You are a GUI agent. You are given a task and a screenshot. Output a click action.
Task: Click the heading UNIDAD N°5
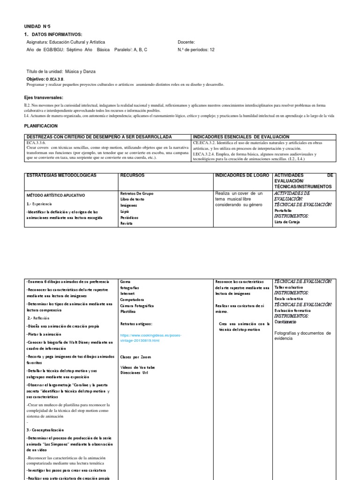(36, 27)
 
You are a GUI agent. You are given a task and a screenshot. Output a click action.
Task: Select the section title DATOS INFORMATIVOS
(55, 35)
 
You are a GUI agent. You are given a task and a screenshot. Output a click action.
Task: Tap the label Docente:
(186, 42)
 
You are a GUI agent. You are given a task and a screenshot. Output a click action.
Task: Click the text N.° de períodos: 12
(196, 50)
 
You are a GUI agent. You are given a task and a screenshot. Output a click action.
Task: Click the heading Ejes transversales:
(44, 97)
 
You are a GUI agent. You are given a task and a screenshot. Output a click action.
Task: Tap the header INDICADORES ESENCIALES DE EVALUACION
(241, 136)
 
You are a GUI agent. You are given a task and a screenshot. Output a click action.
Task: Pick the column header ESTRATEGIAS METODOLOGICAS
(61, 175)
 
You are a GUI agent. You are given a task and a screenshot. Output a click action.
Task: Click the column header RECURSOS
(132, 175)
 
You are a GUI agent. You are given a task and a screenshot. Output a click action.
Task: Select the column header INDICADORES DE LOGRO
(242, 175)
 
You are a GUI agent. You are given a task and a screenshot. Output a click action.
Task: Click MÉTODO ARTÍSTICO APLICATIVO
(56, 195)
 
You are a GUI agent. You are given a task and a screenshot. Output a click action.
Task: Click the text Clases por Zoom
(135, 357)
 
